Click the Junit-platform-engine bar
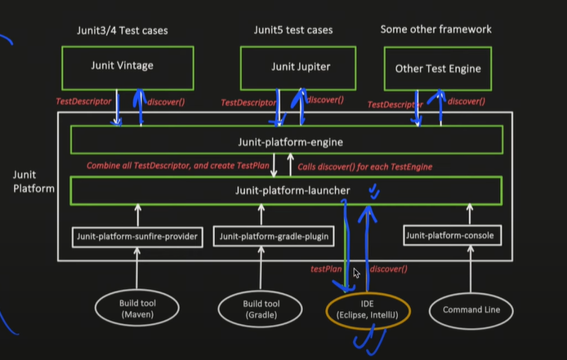pos(284,141)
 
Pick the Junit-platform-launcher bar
pos(284,190)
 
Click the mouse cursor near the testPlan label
pos(355,273)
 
